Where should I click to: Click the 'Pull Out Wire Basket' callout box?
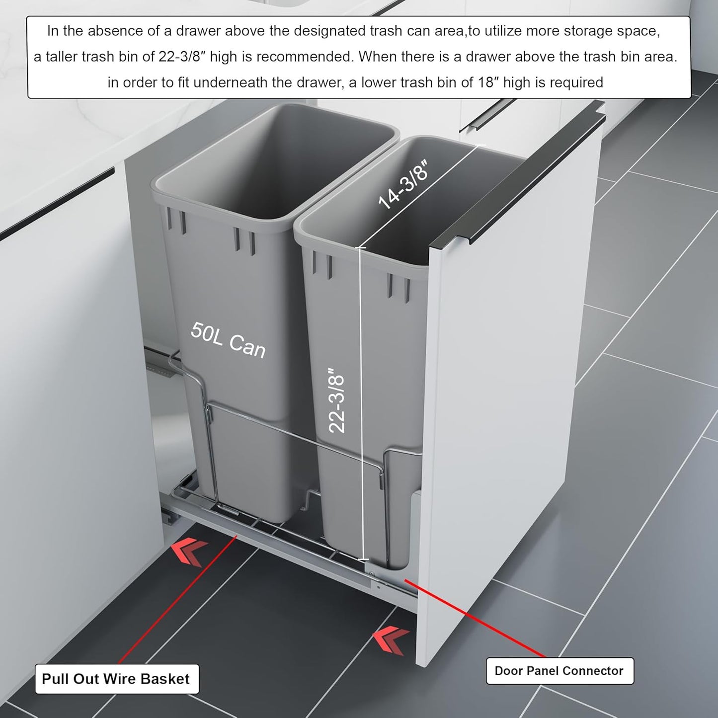[x=116, y=679]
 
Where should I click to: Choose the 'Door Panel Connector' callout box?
[x=559, y=671]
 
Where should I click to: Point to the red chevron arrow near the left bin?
[x=189, y=553]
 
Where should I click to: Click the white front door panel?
[x=512, y=398]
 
